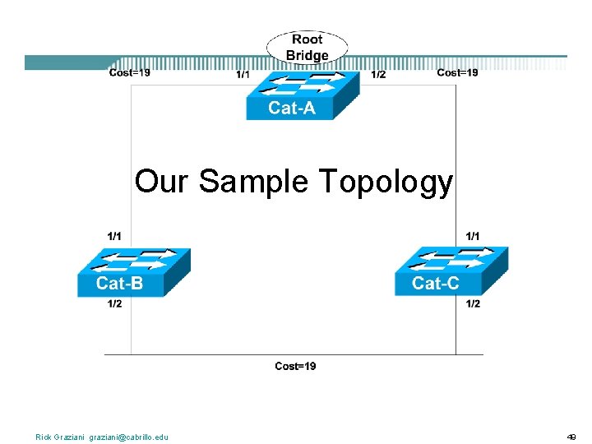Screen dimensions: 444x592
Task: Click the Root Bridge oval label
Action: point(307,48)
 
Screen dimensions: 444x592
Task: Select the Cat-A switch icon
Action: point(302,95)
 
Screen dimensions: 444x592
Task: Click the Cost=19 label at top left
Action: point(130,73)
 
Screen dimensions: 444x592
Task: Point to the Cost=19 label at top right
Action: point(457,73)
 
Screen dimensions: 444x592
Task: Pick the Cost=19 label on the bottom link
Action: point(295,366)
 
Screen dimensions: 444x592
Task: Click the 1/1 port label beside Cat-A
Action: point(243,76)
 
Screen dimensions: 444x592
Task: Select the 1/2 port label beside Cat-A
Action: point(378,76)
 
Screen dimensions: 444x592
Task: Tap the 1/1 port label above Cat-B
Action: point(115,236)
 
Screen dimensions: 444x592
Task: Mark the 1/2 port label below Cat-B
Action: point(115,304)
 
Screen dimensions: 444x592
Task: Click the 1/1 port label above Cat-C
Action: point(474,236)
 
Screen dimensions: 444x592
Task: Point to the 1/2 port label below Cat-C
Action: point(474,304)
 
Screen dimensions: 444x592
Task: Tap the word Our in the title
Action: point(161,183)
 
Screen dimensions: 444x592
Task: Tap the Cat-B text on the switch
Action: point(119,284)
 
